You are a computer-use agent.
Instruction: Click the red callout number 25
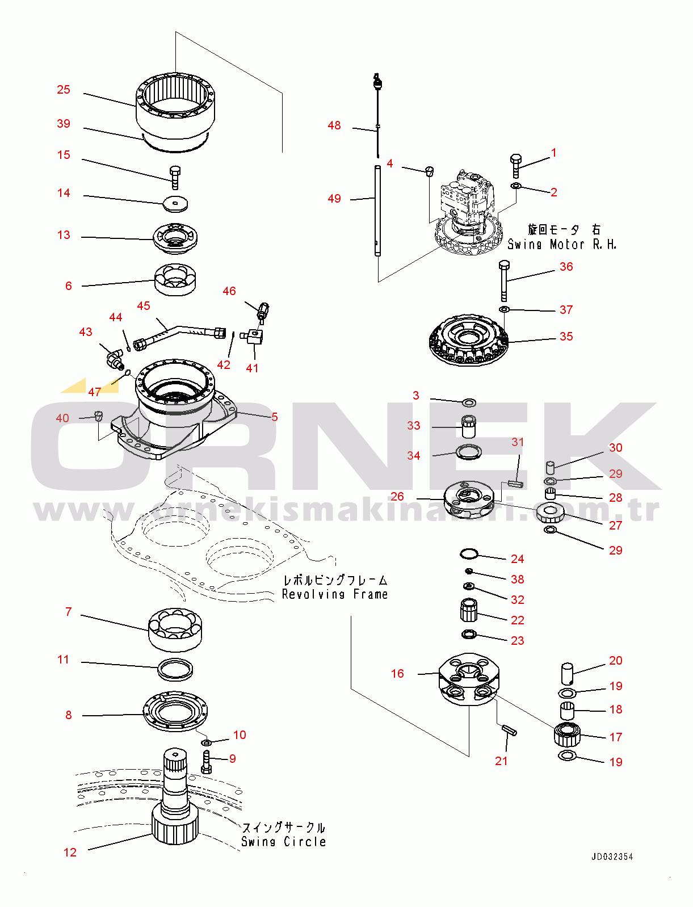pos(63,90)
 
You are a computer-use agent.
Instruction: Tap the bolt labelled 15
pos(175,178)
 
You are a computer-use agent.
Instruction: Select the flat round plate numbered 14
pos(175,204)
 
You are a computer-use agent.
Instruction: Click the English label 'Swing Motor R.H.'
pos(561,244)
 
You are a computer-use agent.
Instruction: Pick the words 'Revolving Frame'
pos(335,594)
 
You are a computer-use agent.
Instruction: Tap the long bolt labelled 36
pos(504,281)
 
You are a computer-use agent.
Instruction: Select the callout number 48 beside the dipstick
pos(334,125)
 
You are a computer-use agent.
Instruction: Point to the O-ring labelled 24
pos(469,554)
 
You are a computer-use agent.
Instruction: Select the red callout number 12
pos(70,853)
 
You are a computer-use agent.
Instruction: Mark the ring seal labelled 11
pos(175,670)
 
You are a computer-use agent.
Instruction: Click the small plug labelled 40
pos(99,416)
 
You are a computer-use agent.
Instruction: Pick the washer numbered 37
pos(504,309)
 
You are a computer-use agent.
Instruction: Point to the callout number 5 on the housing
pos(274,417)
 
